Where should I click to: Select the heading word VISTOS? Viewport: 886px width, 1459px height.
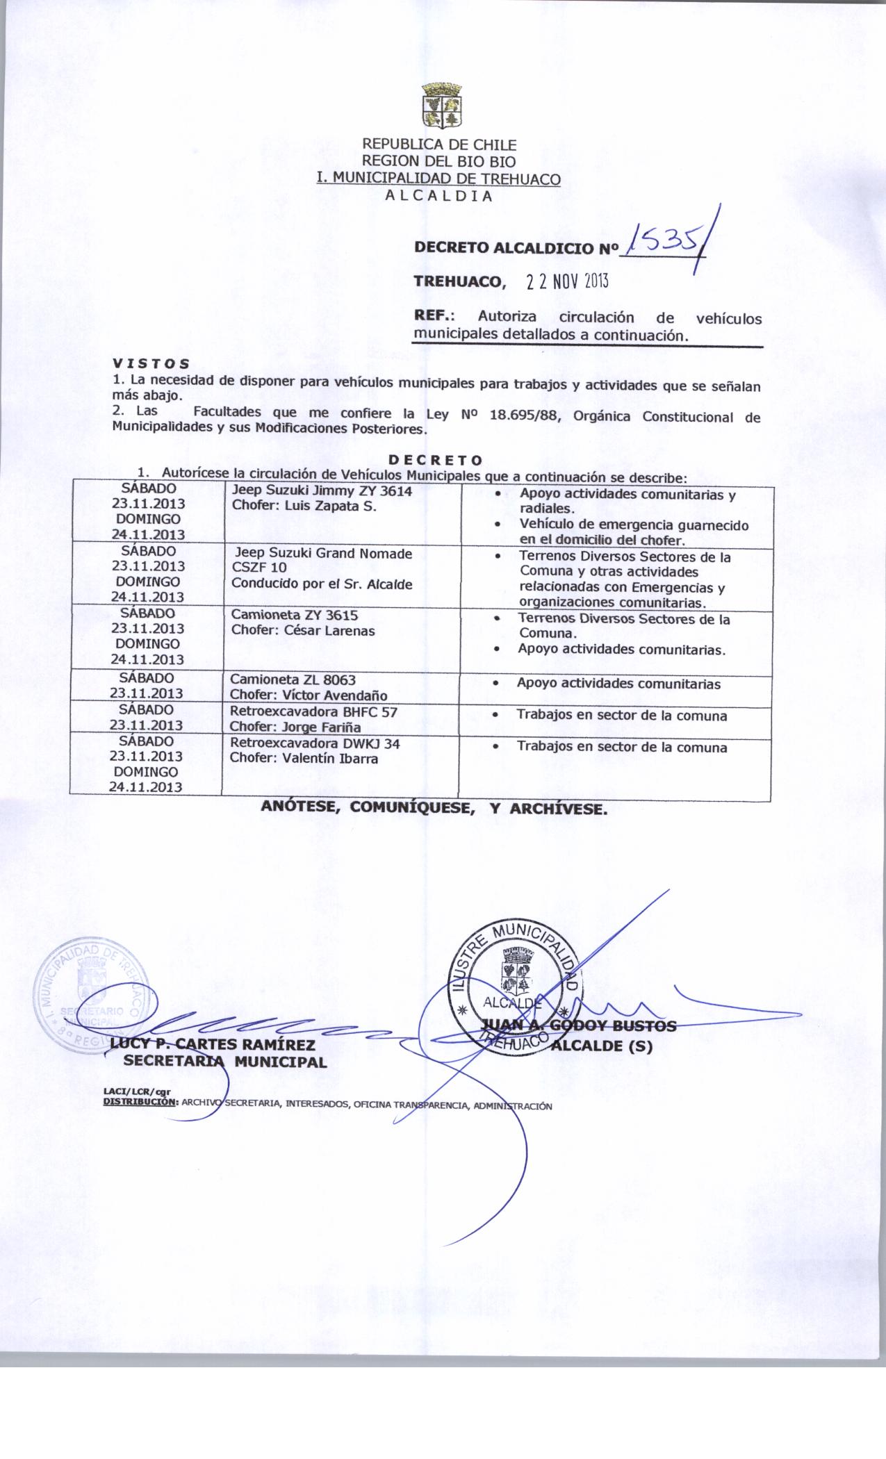coord(150,363)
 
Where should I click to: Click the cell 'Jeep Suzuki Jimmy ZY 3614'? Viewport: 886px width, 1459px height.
coord(322,491)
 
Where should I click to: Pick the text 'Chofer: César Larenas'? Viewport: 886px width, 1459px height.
coord(303,631)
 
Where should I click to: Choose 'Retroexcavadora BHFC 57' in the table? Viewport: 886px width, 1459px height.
coord(313,712)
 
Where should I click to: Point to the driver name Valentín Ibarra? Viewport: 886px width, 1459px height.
coord(330,759)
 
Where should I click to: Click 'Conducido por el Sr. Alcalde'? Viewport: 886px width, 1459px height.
coord(322,584)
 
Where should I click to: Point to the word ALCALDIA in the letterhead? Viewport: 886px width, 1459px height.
coord(438,195)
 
